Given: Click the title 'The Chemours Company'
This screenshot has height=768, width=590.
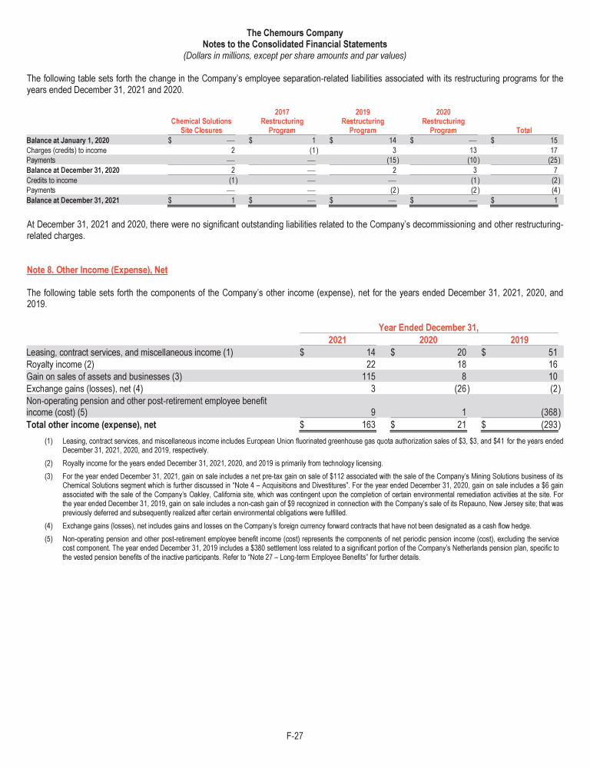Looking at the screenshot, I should click(295, 33).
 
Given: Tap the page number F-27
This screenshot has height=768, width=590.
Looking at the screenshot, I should click(295, 736).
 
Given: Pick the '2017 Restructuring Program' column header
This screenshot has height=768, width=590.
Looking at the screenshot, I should click(282, 121).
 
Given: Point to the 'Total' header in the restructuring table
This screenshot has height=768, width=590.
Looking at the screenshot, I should click(525, 131).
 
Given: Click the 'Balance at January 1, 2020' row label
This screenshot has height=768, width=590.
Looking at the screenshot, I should click(68, 141).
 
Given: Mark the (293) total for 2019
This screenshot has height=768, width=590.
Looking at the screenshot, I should click(549, 424).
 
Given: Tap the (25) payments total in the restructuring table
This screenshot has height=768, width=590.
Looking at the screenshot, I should click(552, 161).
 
